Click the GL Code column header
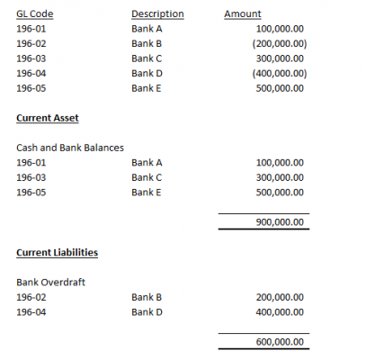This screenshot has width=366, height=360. pyautogui.click(x=33, y=14)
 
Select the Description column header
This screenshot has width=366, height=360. pyautogui.click(x=156, y=14)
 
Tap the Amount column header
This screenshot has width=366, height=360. pyautogui.click(x=242, y=14)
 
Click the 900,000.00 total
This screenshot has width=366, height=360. pyautogui.click(x=280, y=223)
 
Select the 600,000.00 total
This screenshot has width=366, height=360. pyautogui.click(x=280, y=342)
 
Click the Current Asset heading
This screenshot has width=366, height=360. pyautogui.click(x=49, y=118)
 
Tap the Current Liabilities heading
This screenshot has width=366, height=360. pyautogui.click(x=58, y=252)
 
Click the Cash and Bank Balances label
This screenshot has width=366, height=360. pyautogui.click(x=70, y=148)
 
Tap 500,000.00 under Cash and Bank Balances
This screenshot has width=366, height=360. pyautogui.click(x=280, y=193)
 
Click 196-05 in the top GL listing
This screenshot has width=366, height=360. pyautogui.click(x=31, y=88)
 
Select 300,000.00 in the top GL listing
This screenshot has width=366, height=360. pyautogui.click(x=280, y=58)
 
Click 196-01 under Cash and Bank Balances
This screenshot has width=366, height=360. pyautogui.click(x=31, y=163)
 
